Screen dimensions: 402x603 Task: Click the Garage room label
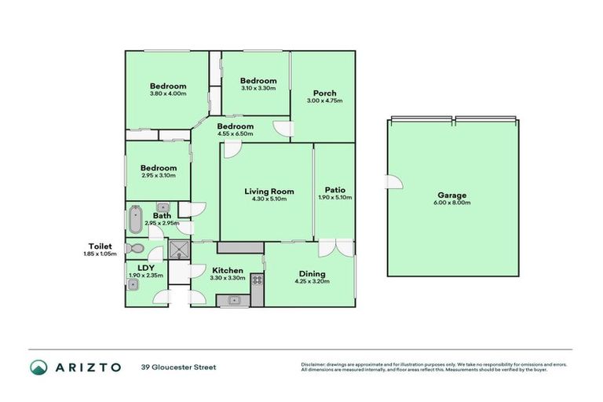(x=451, y=196)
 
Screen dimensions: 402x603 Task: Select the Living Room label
(x=269, y=191)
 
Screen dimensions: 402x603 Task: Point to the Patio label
(x=334, y=189)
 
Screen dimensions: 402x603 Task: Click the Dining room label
(x=310, y=274)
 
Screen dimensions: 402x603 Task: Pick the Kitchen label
(x=227, y=270)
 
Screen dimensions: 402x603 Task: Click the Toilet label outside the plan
(x=101, y=246)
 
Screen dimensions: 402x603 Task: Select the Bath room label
(x=162, y=216)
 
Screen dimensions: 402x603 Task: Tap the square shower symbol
(x=180, y=250)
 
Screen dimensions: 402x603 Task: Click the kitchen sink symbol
(x=232, y=299)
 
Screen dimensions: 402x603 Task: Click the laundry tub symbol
(x=133, y=285)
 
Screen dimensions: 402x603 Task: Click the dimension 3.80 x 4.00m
(x=168, y=94)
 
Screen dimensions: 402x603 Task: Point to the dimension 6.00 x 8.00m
(x=451, y=203)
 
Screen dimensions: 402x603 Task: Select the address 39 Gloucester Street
(x=178, y=367)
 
